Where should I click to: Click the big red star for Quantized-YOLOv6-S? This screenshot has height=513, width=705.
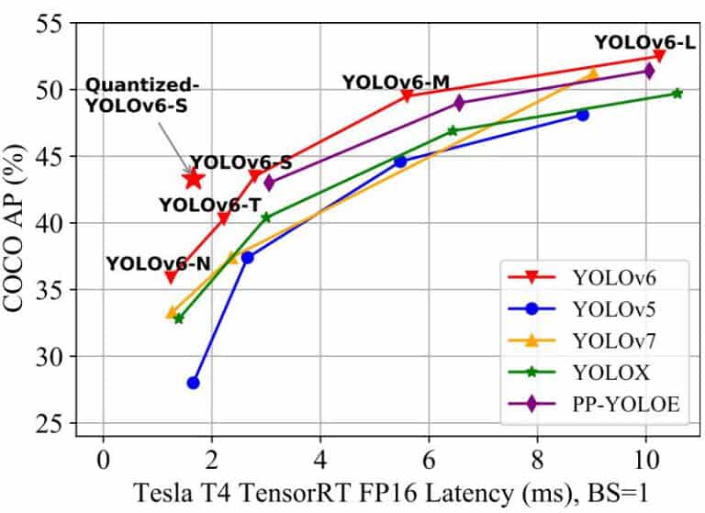(193, 178)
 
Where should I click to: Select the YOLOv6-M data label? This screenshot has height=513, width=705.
(396, 82)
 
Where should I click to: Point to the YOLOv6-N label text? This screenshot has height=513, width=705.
(158, 263)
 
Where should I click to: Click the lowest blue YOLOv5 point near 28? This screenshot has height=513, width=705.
(193, 383)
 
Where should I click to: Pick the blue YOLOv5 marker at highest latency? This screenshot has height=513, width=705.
(582, 115)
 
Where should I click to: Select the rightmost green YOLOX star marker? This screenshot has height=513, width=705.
(677, 93)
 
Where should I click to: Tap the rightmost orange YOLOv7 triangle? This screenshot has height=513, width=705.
(592, 73)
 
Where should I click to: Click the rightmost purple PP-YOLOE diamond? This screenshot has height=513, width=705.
(649, 71)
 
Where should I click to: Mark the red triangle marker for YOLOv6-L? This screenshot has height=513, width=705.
(659, 56)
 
